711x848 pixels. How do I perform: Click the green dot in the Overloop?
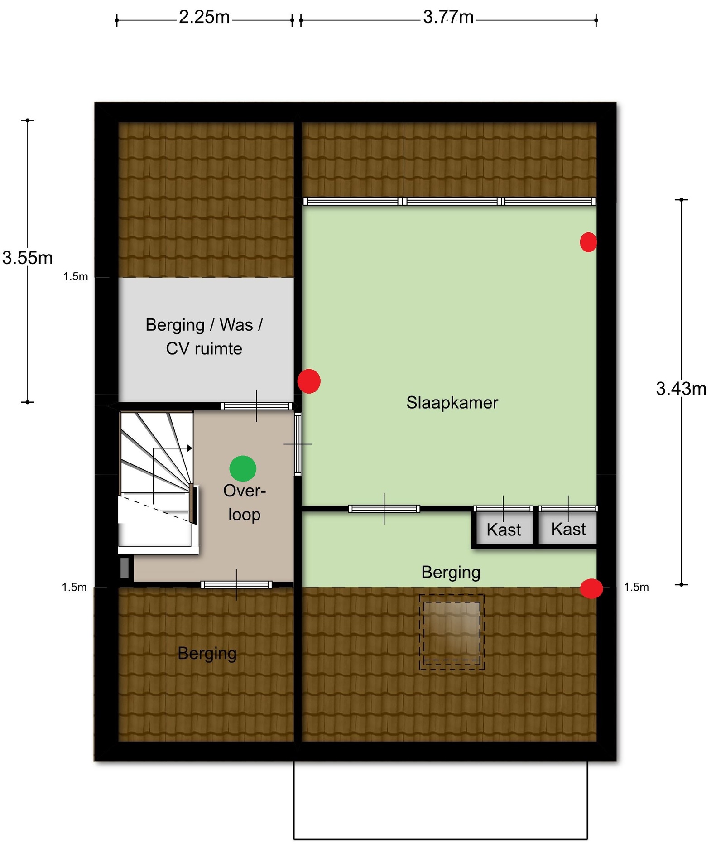tap(243, 468)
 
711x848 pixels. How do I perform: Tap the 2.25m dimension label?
tap(204, 17)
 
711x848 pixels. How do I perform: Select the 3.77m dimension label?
tap(448, 17)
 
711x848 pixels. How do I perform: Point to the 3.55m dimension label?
tap(28, 258)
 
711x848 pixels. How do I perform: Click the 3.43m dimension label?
tap(681, 389)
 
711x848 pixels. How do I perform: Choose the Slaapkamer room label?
tap(452, 402)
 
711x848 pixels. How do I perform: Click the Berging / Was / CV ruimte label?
tap(204, 337)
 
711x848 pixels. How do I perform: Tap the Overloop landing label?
tap(244, 502)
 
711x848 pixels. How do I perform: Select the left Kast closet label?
tap(504, 530)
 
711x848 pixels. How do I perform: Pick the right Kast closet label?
tap(568, 529)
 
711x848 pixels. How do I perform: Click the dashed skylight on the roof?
tap(452, 632)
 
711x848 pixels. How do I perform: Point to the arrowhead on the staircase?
tap(190, 448)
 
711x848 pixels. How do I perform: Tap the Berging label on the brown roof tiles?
tap(207, 654)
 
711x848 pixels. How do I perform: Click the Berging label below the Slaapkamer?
tap(451, 573)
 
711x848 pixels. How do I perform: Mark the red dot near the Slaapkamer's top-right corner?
tap(588, 242)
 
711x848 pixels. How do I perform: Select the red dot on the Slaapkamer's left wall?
tap(309, 381)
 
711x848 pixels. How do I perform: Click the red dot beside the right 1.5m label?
tap(591, 588)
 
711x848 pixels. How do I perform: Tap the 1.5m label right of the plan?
tap(636, 587)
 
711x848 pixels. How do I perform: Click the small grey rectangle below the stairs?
tap(125, 568)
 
